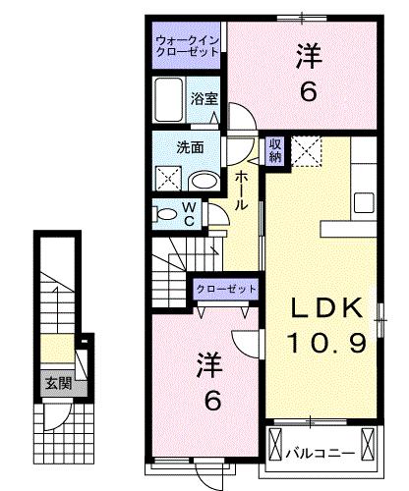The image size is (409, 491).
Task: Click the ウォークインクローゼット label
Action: point(187,46)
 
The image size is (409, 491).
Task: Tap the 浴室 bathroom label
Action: point(204,99)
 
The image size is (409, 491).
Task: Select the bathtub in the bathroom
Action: point(169,99)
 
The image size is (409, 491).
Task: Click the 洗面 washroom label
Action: point(190,147)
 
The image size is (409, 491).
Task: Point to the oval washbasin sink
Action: point(204,181)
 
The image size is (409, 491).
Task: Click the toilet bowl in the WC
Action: point(167,214)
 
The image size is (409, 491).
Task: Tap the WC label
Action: point(189,214)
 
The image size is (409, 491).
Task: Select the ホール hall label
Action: point(241,191)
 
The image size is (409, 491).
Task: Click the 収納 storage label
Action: point(275,150)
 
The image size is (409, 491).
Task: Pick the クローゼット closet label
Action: point(226,290)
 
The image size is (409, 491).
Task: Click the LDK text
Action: point(327,308)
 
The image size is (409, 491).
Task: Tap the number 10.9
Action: point(326,343)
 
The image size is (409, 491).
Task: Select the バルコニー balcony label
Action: point(321,454)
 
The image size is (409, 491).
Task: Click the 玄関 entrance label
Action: point(58,383)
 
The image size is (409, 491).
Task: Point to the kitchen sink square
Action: point(365,202)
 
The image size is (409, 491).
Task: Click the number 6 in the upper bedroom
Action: point(309,91)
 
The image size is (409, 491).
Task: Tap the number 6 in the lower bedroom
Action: point(212,401)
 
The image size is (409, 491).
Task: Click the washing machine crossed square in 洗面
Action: point(168,179)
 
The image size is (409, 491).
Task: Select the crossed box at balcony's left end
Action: point(275,444)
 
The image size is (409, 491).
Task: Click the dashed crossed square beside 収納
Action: point(307,152)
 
